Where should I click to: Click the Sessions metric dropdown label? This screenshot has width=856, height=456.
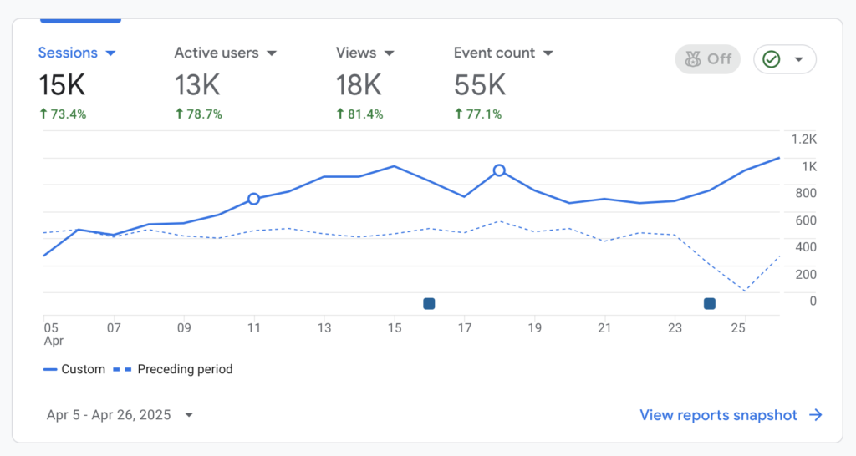click(77, 53)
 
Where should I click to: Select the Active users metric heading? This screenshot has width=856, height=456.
click(225, 53)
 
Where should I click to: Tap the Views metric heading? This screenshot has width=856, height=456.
click(365, 53)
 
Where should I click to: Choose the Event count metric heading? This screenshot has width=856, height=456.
click(503, 53)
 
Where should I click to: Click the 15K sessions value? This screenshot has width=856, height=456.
click(62, 84)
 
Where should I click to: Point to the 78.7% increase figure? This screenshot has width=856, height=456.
click(198, 114)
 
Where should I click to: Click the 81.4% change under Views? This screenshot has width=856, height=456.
click(359, 114)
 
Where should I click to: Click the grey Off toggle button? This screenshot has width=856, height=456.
click(708, 59)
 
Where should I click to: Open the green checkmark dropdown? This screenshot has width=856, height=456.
click(785, 59)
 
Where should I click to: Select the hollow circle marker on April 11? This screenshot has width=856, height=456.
click(254, 199)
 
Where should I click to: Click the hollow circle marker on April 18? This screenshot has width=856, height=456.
click(499, 170)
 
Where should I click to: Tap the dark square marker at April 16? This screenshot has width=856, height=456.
click(429, 304)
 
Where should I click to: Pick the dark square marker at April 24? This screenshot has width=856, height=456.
click(710, 304)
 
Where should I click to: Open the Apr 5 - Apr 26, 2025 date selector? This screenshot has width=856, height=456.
click(120, 415)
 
